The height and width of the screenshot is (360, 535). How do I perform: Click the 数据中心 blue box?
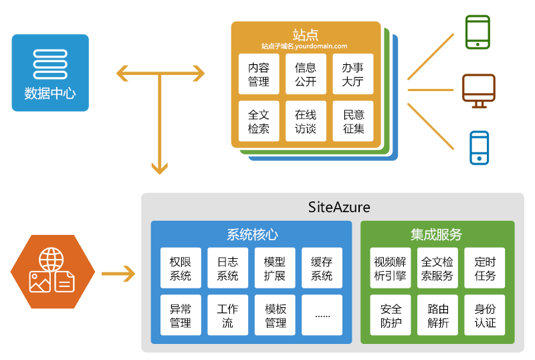[x=50, y=72]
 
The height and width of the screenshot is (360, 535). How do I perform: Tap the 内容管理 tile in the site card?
[x=259, y=74]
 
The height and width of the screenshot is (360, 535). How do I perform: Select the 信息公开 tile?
[x=306, y=74]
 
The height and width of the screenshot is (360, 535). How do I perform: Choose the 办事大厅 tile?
[x=353, y=74]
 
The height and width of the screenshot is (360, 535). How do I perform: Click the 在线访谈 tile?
[x=306, y=122]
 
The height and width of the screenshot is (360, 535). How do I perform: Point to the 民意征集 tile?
[x=353, y=122]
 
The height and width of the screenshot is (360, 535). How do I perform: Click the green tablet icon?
[x=477, y=31]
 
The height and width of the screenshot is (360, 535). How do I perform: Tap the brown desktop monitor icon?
[x=479, y=90]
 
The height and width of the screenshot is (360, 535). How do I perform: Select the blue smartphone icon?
[x=479, y=148]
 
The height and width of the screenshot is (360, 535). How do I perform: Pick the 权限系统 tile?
[x=181, y=268]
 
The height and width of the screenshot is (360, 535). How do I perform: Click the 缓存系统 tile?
[x=322, y=268]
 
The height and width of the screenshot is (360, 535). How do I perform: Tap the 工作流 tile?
[x=227, y=315]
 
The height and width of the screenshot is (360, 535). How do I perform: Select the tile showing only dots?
[x=322, y=315]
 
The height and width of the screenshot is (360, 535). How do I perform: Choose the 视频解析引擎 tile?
[x=391, y=268]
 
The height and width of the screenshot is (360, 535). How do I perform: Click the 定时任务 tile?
[x=485, y=268]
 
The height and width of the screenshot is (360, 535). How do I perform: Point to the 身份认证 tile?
[x=485, y=315]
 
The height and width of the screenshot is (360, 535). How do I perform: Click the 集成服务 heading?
[x=437, y=234]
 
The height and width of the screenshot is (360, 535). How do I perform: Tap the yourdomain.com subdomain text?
[x=305, y=46]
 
